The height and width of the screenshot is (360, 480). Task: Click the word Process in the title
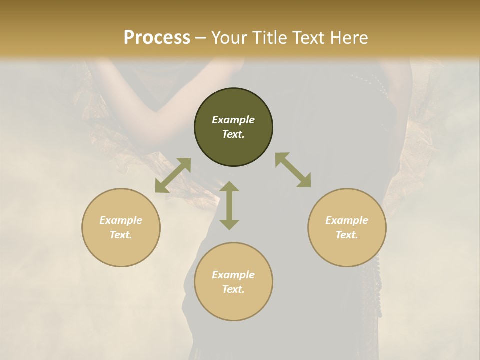(157, 38)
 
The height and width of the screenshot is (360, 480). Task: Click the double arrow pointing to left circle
(173, 175)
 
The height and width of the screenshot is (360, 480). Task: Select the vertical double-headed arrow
(229, 205)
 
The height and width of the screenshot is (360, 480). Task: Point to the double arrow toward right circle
(293, 170)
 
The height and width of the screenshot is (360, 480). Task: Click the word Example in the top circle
(233, 120)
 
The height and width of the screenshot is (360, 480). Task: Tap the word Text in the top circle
(233, 134)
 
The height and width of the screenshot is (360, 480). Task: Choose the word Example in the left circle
(121, 220)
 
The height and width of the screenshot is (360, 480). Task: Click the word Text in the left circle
(121, 235)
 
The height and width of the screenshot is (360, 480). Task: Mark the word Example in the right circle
(347, 220)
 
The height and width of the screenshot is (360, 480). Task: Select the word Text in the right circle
(347, 235)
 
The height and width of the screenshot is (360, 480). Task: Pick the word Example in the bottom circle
(233, 275)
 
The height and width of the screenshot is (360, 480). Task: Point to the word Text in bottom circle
(233, 289)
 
